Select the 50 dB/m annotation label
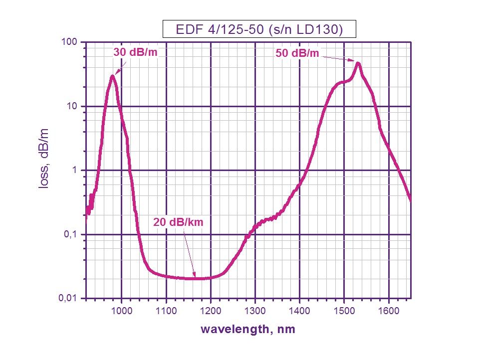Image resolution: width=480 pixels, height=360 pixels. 297,53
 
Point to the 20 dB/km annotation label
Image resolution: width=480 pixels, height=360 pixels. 178,222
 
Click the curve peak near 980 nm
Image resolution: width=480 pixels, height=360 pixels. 113,76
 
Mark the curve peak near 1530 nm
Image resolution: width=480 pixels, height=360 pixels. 358,63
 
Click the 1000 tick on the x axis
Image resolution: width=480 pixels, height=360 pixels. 122,311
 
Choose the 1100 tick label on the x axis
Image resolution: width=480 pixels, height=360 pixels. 166,311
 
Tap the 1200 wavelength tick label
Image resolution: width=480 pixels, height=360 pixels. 211,311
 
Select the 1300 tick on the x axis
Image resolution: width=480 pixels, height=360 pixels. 255,311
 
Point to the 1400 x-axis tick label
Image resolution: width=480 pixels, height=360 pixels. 299,311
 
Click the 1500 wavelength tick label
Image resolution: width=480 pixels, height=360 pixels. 344,311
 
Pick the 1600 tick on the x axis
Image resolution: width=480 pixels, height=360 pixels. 388,311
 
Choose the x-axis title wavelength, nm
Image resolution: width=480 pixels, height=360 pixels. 248,330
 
